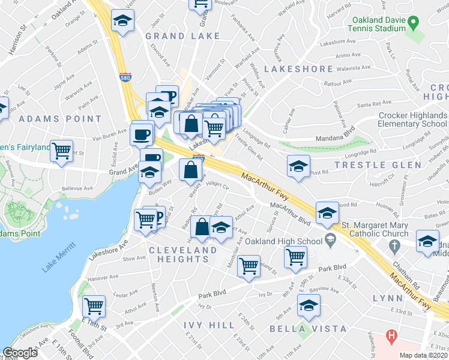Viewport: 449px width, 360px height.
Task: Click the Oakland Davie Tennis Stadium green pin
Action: pyautogui.click(x=412, y=25)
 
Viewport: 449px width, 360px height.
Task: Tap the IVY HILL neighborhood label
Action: pyautogui.click(x=209, y=325)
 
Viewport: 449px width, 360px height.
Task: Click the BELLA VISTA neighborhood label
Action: pyautogui.click(x=307, y=329)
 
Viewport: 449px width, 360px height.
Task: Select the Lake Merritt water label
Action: pyautogui.click(x=59, y=257)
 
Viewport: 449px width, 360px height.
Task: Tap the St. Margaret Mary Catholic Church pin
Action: pyautogui.click(x=394, y=246)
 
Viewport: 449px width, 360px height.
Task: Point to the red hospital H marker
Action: pyautogui.click(x=392, y=337)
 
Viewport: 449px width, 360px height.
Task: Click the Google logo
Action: pyautogui.click(x=20, y=353)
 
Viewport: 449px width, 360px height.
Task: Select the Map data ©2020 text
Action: pyautogui.click(x=423, y=355)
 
